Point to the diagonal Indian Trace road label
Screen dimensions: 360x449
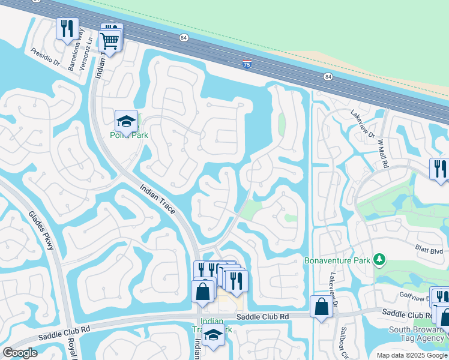coord(157,200)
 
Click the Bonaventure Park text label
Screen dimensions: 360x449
coord(337,260)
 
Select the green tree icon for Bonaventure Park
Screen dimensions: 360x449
coord(379,259)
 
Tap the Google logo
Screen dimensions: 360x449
coord(20,353)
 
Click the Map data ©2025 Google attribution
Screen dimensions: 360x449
coord(412,355)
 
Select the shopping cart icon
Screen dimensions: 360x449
coord(109,40)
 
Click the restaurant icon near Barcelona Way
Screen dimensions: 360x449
coord(67,28)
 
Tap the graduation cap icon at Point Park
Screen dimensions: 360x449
coord(126,121)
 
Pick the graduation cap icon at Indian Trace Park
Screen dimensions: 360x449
coord(212,335)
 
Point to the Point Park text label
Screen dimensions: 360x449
coord(128,135)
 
